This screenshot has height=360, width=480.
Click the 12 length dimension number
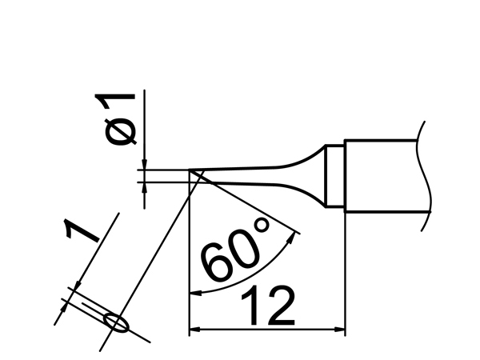pyautogui.click(x=268, y=306)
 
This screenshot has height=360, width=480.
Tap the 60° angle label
pyautogui.click(x=235, y=249)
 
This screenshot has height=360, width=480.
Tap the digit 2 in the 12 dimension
pyautogui.click(x=281, y=306)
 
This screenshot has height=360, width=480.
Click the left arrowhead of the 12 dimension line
pyautogui.click(x=194, y=330)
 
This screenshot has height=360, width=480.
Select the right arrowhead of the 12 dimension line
pyautogui.click(x=340, y=330)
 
